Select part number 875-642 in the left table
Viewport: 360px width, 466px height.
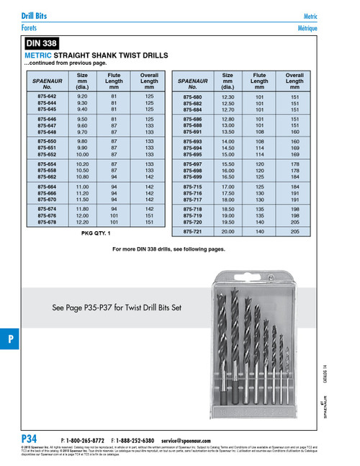pyautogui.click(x=48, y=96)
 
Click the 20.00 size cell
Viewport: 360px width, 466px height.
pyautogui.click(x=228, y=232)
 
